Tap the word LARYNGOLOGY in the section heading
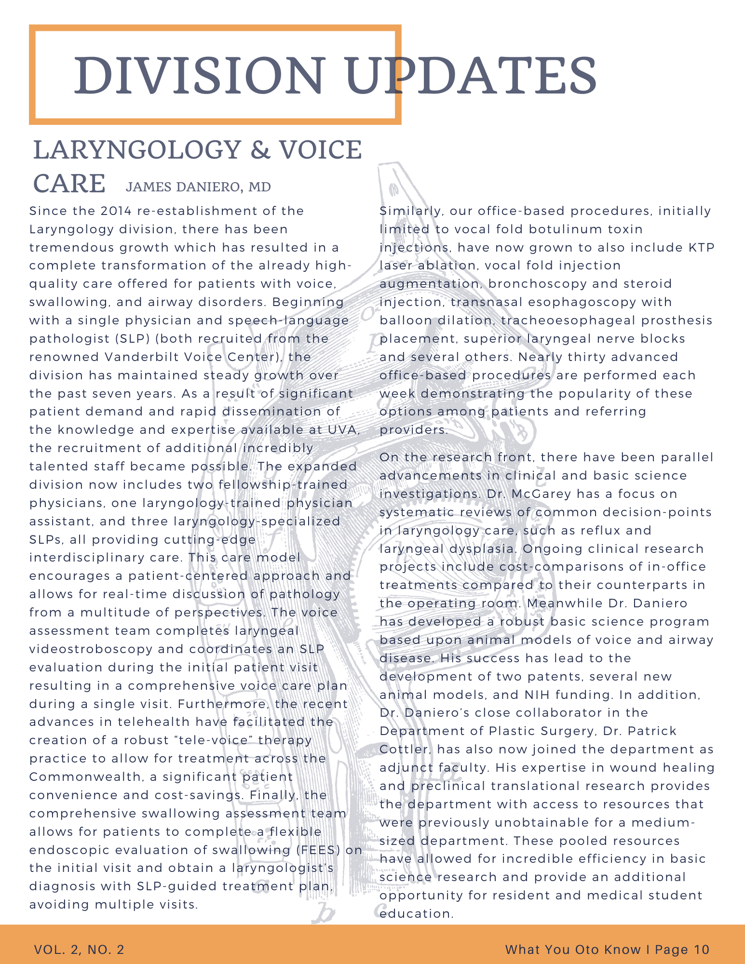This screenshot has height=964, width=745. pyautogui.click(x=137, y=150)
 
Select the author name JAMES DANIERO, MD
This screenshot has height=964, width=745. pyautogui.click(x=198, y=187)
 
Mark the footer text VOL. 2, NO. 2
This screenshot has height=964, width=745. pyautogui.click(x=79, y=950)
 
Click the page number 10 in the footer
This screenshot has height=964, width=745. pyautogui.click(x=702, y=950)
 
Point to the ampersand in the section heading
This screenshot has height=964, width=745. pyautogui.click(x=260, y=150)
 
